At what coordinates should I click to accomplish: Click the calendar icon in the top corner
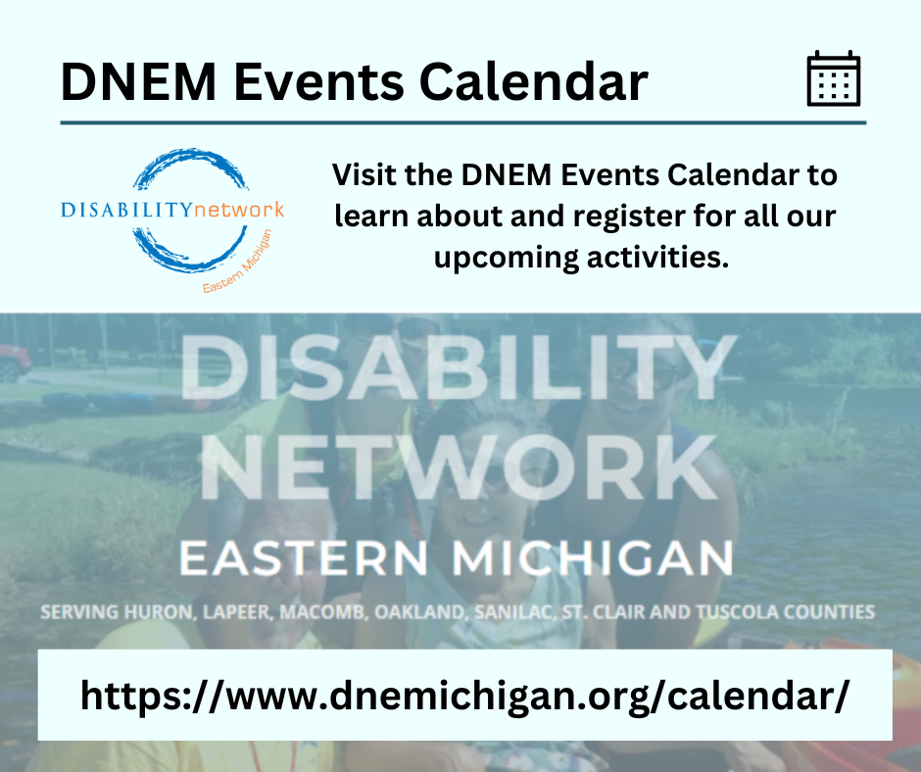pos(833,79)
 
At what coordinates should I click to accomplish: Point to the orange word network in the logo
pos(239,209)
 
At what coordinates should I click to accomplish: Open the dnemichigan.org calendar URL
pos(463,696)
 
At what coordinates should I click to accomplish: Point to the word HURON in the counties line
pos(151,613)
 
